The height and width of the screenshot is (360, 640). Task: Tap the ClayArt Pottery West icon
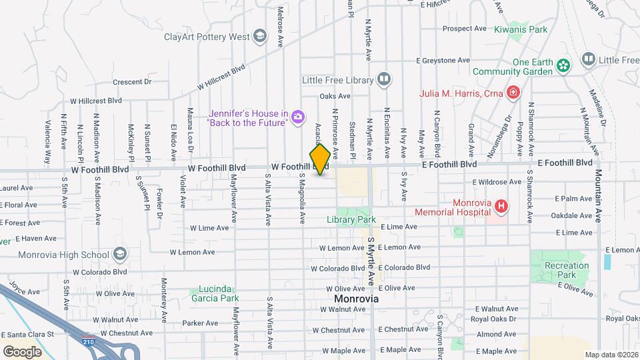[259, 36]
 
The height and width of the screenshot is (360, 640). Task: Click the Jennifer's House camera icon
[297, 118]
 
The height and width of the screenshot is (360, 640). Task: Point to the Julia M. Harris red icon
[513, 93]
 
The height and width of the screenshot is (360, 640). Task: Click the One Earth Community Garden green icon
[564, 66]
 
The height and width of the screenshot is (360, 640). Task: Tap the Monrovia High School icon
[119, 254]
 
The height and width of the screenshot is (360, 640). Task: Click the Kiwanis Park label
[521, 29]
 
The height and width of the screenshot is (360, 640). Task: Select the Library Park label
[351, 219]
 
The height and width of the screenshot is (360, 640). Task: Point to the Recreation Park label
[567, 270]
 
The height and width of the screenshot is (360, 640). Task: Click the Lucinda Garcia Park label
[214, 293]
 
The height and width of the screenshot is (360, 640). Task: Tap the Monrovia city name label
[356, 299]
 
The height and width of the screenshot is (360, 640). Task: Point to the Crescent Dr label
[132, 82]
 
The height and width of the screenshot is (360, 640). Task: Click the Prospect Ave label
[465, 29]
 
